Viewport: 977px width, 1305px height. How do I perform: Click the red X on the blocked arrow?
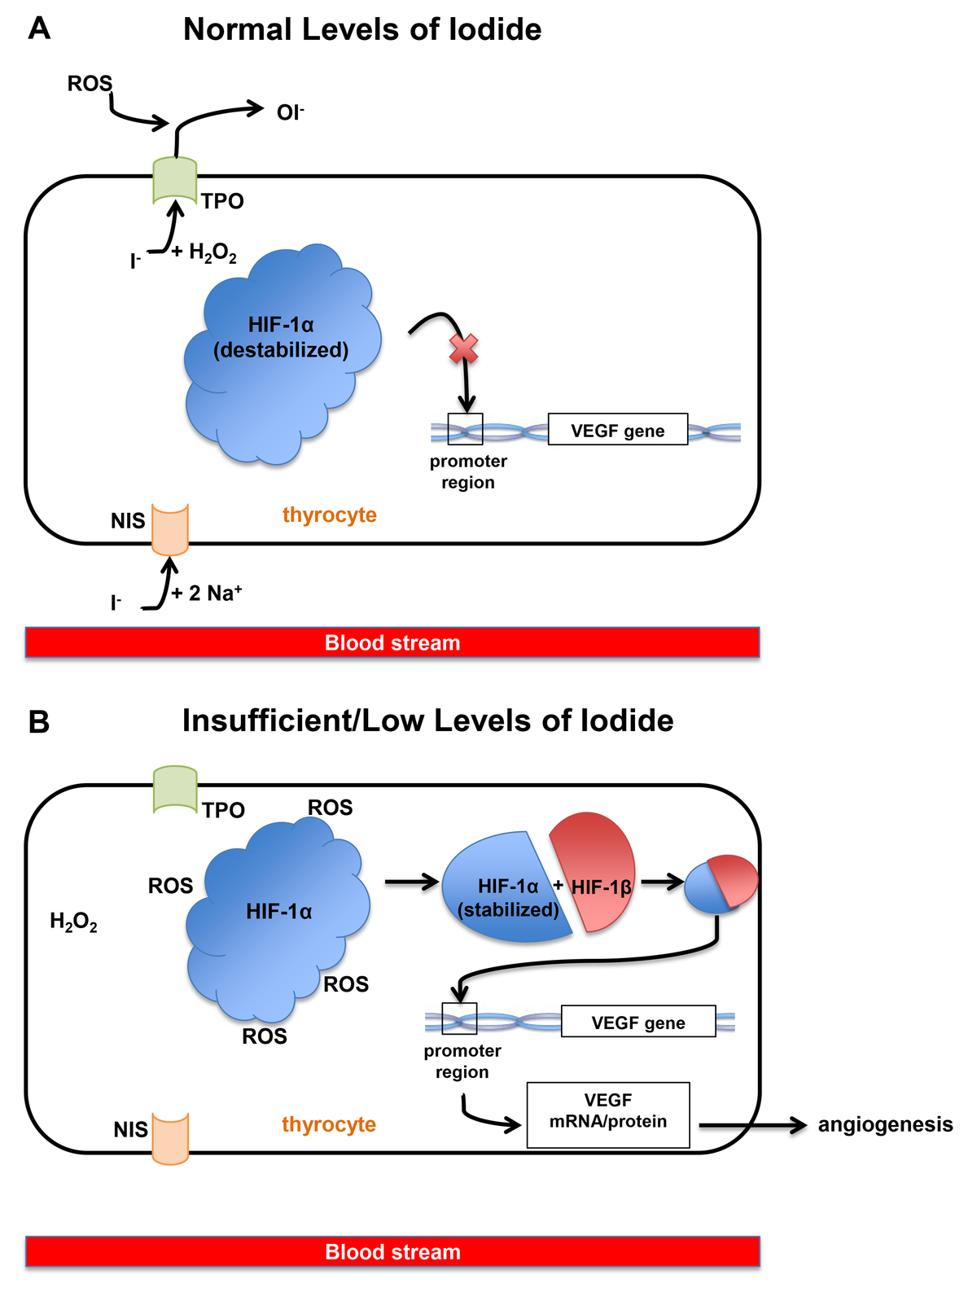point(464,350)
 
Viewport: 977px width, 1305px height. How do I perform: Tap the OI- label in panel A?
point(290,112)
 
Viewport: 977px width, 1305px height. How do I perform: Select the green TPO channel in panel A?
point(175,181)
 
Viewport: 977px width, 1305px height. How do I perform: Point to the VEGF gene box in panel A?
point(617,430)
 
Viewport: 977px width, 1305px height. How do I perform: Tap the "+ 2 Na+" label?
point(207,593)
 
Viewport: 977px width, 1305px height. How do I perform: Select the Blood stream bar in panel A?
point(392,642)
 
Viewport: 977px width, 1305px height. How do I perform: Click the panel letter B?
point(38,722)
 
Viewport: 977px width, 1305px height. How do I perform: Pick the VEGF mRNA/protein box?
point(608,1115)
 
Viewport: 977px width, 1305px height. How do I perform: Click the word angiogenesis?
point(885,1124)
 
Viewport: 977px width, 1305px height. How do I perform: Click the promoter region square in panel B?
point(459,1018)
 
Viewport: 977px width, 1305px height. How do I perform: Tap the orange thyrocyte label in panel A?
point(330,515)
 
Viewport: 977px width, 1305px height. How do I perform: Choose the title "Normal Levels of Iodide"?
point(362,30)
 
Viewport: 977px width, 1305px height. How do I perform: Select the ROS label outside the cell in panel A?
point(90,84)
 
